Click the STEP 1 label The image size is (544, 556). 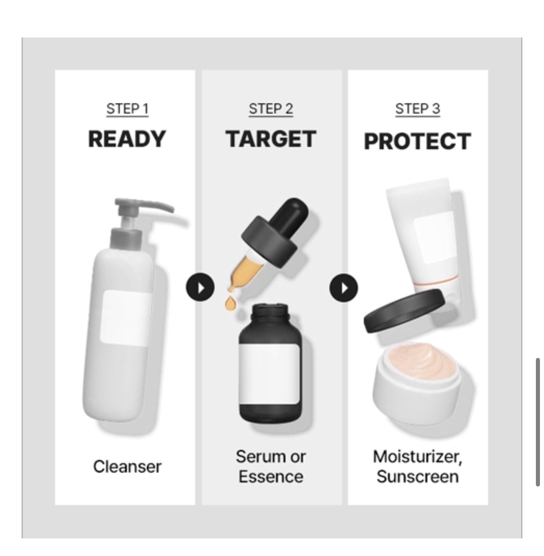pyautogui.click(x=128, y=109)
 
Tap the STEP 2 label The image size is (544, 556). pyautogui.click(x=271, y=109)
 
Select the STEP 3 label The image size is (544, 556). pyautogui.click(x=418, y=109)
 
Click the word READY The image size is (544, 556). pyautogui.click(x=127, y=139)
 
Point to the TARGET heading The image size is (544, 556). pyautogui.click(x=271, y=139)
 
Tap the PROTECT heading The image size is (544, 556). pyautogui.click(x=417, y=141)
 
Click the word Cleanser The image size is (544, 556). pyautogui.click(x=127, y=467)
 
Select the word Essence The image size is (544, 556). pyautogui.click(x=271, y=477)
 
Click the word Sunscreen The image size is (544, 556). pyautogui.click(x=417, y=477)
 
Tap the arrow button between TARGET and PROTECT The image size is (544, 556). pyautogui.click(x=344, y=287)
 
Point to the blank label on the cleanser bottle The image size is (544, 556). pyautogui.click(x=125, y=318)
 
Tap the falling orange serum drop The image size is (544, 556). pyautogui.click(x=230, y=304)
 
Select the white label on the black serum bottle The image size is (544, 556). pyautogui.click(x=270, y=374)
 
